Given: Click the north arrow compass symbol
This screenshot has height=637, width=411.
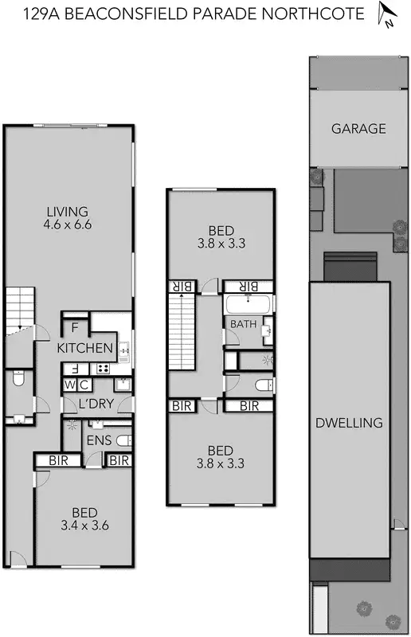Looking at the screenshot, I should click(x=386, y=14).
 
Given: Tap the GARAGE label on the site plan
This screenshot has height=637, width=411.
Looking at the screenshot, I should click(x=358, y=128).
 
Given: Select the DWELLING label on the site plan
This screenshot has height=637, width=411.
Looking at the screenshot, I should click(x=349, y=422).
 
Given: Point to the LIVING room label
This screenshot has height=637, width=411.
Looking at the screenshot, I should click(x=67, y=211).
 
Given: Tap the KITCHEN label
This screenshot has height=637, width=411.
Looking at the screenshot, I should click(x=84, y=348).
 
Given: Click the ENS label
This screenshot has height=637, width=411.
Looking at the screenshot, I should click(x=99, y=440).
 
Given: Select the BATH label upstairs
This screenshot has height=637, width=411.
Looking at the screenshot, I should click(x=243, y=324).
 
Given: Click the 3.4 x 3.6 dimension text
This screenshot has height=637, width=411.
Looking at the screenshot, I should click(x=84, y=525).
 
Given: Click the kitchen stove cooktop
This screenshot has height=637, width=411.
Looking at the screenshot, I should click(x=102, y=368).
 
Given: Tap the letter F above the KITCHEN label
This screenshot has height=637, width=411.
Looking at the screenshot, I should click(x=75, y=326).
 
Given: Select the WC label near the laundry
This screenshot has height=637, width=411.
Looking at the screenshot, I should click(x=76, y=385).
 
